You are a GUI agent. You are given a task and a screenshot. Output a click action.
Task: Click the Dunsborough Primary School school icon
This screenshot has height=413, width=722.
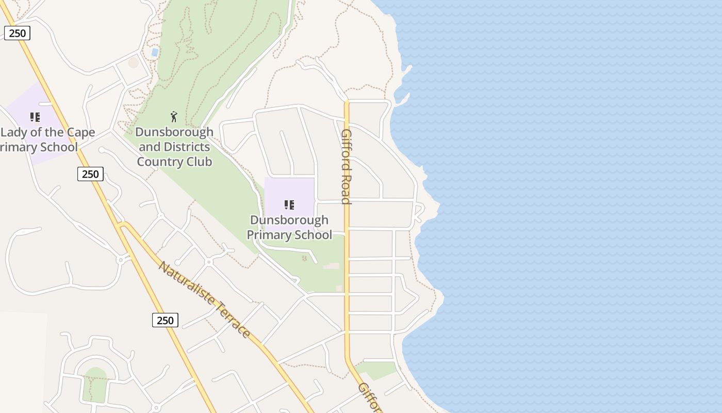pyautogui.click(x=289, y=205)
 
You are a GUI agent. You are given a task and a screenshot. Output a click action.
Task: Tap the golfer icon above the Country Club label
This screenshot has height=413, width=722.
pyautogui.click(x=174, y=116)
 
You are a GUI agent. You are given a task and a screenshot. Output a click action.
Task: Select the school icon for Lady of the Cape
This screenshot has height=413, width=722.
pyautogui.click(x=35, y=117)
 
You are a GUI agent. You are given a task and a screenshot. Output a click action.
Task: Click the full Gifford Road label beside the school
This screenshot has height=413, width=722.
pyautogui.click(x=347, y=166)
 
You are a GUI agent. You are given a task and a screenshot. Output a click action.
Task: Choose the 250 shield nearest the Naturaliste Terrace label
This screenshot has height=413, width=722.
pyautogui.click(x=165, y=320)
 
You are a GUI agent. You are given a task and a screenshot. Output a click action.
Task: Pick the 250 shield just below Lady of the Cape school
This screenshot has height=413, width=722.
pyautogui.click(x=90, y=174)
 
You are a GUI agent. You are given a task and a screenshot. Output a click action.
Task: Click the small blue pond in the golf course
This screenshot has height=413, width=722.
pyautogui.click(x=155, y=52)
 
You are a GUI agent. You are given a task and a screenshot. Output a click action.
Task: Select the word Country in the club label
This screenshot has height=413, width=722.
pyautogui.click(x=155, y=162)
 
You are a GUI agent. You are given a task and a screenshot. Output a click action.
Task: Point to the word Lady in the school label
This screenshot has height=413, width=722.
pyautogui.click(x=13, y=132)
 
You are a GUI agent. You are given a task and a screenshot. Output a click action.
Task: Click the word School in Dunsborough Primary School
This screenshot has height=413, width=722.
pyautogui.click(x=313, y=235)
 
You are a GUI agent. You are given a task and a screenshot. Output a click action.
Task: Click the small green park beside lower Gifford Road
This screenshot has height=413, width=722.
pyautogui.click(x=377, y=369)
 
